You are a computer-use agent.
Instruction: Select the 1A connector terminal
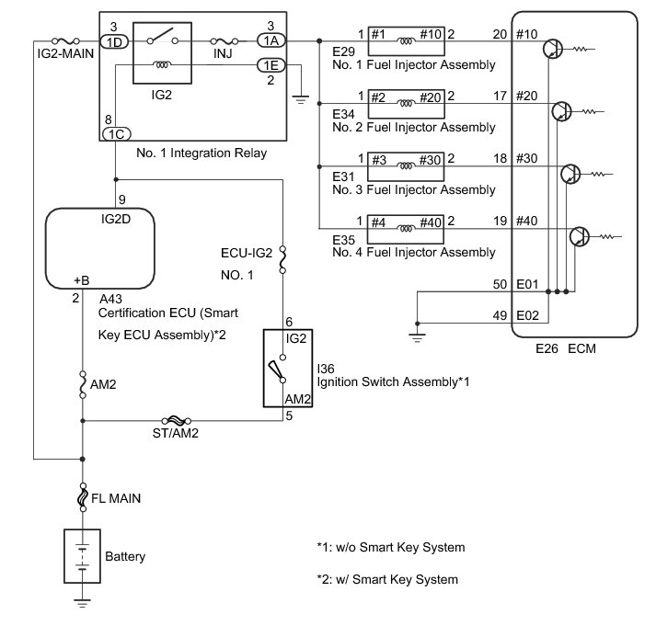click(x=270, y=41)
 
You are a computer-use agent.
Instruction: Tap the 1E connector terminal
click(x=270, y=65)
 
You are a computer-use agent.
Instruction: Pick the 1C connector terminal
click(x=115, y=132)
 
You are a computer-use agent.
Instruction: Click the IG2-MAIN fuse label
click(x=56, y=58)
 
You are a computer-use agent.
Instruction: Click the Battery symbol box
click(x=81, y=555)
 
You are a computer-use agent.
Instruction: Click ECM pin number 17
click(x=501, y=96)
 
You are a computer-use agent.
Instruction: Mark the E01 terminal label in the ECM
click(x=527, y=286)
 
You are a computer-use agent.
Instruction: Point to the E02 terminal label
click(x=527, y=316)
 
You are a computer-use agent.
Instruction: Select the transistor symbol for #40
click(x=580, y=237)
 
